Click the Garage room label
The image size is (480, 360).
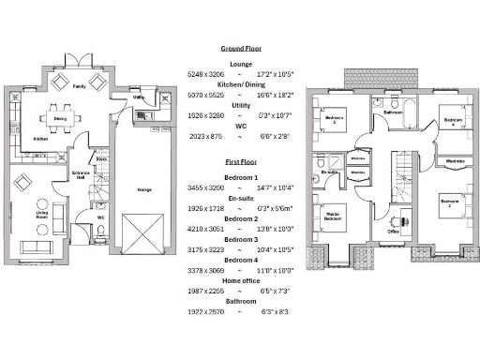(144, 189)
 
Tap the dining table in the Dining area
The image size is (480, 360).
(61, 119)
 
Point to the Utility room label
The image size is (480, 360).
(138, 97)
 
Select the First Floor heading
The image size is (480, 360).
(241, 161)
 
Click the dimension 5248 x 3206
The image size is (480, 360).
(207, 73)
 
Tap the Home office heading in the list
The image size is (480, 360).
(241, 280)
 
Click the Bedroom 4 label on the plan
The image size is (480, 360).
(453, 121)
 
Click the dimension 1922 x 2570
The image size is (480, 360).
(207, 310)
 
